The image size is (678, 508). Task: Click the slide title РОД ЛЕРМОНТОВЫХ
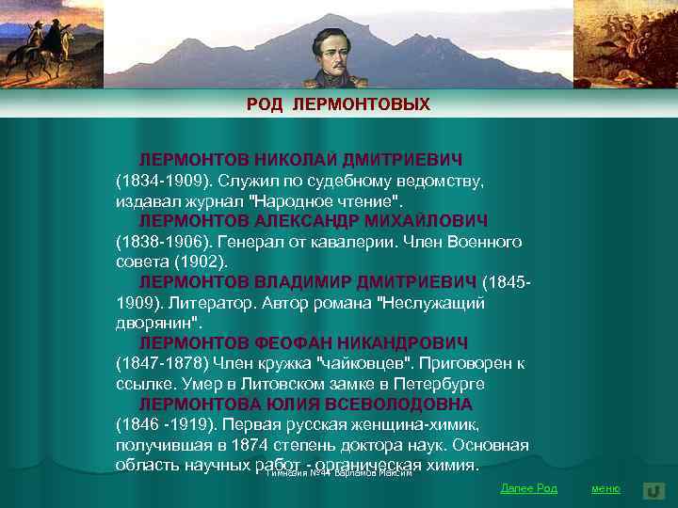coord(338,104)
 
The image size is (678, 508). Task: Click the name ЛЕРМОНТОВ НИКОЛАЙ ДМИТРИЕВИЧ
coord(300,159)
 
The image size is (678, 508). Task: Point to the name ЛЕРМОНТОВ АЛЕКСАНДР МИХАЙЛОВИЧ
coord(314,220)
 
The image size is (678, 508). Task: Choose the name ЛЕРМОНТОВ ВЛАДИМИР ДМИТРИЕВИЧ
coord(309,282)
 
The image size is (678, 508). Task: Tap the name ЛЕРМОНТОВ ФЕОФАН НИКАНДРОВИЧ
coord(303,343)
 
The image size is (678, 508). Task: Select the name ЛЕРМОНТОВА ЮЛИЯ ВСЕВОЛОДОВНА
coord(306,405)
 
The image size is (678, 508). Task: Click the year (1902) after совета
coord(195,262)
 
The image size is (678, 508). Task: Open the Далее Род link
coord(528,488)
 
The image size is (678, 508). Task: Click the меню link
coord(605,488)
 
